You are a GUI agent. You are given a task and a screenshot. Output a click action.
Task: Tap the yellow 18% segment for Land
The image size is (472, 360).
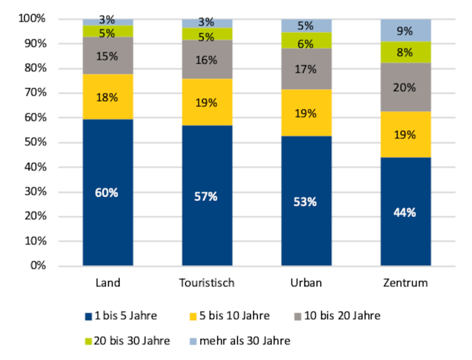click(108, 97)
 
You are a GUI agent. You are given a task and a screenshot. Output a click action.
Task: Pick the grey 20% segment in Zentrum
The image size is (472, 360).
click(405, 88)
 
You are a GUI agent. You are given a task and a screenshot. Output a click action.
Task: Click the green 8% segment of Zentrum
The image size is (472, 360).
click(405, 52)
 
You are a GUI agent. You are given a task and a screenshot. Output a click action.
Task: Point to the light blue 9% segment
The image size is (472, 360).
click(405, 30)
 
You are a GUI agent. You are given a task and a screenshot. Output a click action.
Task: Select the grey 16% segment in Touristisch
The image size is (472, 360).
click(207, 60)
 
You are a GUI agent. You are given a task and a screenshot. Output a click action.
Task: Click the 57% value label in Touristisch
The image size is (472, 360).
click(207, 197)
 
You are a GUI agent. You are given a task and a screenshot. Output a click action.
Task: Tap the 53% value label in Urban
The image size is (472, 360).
click(306, 202)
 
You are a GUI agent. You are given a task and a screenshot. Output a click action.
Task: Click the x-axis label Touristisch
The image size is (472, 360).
click(207, 283)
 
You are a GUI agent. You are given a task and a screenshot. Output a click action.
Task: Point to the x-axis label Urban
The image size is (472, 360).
click(306, 283)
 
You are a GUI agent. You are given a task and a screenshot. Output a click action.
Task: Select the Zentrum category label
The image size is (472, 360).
click(405, 283)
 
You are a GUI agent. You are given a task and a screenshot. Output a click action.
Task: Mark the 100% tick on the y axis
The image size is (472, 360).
click(31, 19)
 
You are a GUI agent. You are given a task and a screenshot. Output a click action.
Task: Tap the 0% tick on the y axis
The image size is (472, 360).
click(37, 266)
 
